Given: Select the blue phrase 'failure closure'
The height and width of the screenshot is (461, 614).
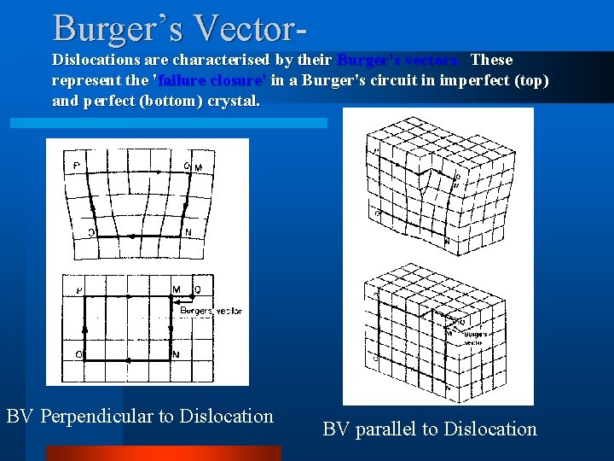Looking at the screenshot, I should (209, 80).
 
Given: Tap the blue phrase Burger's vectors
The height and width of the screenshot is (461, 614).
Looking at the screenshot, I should (400, 60).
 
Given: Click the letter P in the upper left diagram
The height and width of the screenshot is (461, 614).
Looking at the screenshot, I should (77, 166).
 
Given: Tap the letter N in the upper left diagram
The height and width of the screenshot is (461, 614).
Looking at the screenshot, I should (188, 232).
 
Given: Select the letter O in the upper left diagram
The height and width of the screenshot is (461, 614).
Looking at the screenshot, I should (90, 232).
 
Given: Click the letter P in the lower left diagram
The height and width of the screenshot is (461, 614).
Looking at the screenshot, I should (78, 291).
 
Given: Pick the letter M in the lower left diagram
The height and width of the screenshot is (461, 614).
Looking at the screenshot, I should (177, 290).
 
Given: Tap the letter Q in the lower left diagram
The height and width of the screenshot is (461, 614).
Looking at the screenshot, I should (198, 290).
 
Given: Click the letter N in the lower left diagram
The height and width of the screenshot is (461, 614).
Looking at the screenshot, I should (177, 353).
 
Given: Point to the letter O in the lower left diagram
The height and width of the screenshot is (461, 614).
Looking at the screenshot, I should (78, 353).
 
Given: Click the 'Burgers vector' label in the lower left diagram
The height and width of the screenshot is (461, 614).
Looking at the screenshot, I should (212, 311).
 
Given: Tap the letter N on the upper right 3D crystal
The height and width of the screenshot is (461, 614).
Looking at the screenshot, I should (447, 242).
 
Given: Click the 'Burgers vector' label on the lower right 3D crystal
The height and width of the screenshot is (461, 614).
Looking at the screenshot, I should (476, 338).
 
